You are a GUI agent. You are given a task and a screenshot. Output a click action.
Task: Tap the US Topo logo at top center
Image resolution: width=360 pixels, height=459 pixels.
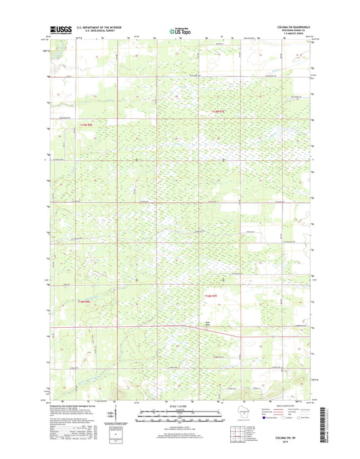[180, 30]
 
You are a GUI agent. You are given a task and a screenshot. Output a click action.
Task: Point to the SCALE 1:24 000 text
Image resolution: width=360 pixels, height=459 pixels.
[180, 406]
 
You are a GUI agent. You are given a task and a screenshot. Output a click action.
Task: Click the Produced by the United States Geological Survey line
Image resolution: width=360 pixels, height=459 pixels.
[73, 404]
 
